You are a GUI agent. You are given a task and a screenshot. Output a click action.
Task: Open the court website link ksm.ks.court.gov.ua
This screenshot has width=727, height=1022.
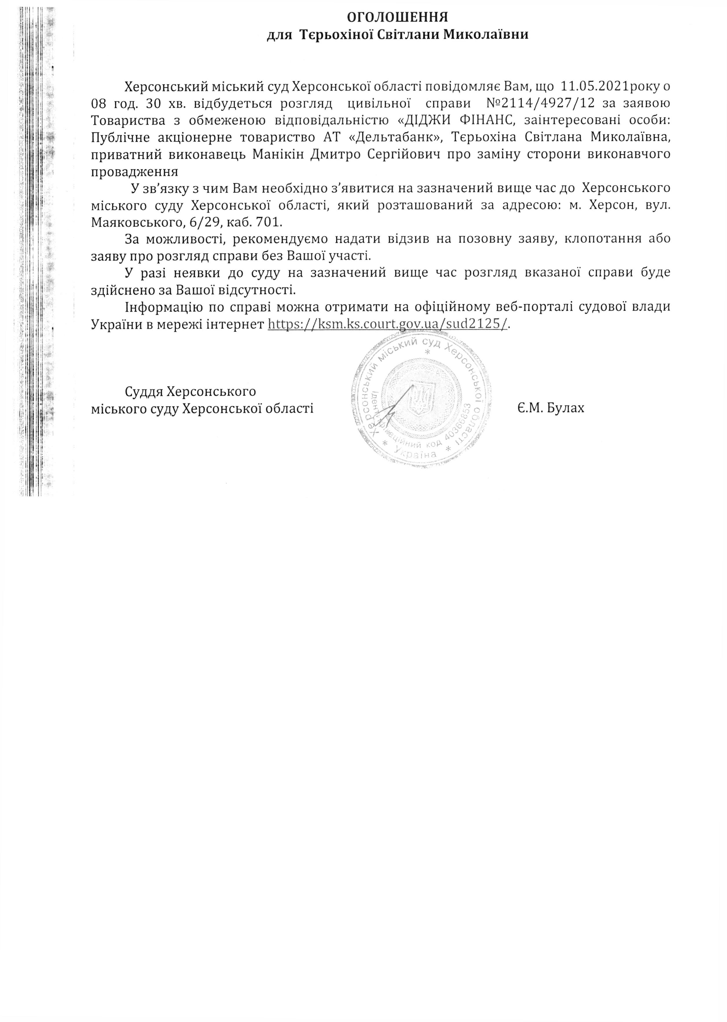pos(388,324)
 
